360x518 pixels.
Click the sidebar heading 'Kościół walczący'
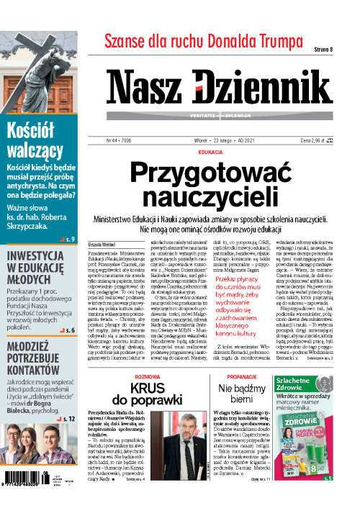pos(35,140)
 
